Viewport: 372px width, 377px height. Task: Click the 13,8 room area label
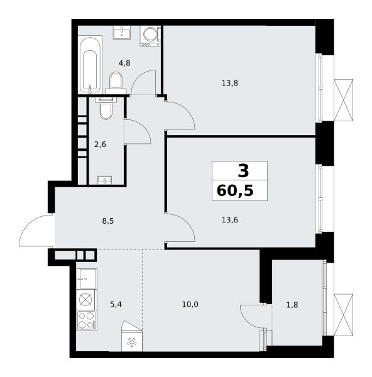tap(229, 84)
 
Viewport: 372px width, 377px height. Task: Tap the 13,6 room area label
tap(229, 220)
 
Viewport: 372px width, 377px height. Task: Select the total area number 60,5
tap(235, 191)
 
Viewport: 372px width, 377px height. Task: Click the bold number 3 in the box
tap(243, 171)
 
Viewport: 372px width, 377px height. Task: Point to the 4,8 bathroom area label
tap(124, 63)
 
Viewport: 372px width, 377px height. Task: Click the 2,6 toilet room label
tap(100, 145)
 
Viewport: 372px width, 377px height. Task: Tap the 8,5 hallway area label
tap(108, 221)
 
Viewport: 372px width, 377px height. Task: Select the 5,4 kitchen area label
tap(116, 304)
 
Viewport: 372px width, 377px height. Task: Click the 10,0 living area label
tap(190, 304)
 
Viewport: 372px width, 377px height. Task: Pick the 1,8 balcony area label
tap(292, 305)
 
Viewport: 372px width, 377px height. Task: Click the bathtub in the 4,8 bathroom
tap(90, 65)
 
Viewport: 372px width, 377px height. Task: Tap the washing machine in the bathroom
tap(151, 36)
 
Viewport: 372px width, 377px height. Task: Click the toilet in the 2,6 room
tap(106, 109)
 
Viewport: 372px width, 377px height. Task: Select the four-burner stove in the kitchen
tap(87, 320)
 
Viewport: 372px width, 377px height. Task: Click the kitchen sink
tap(87, 278)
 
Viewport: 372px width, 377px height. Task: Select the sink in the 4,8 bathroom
tap(122, 33)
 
